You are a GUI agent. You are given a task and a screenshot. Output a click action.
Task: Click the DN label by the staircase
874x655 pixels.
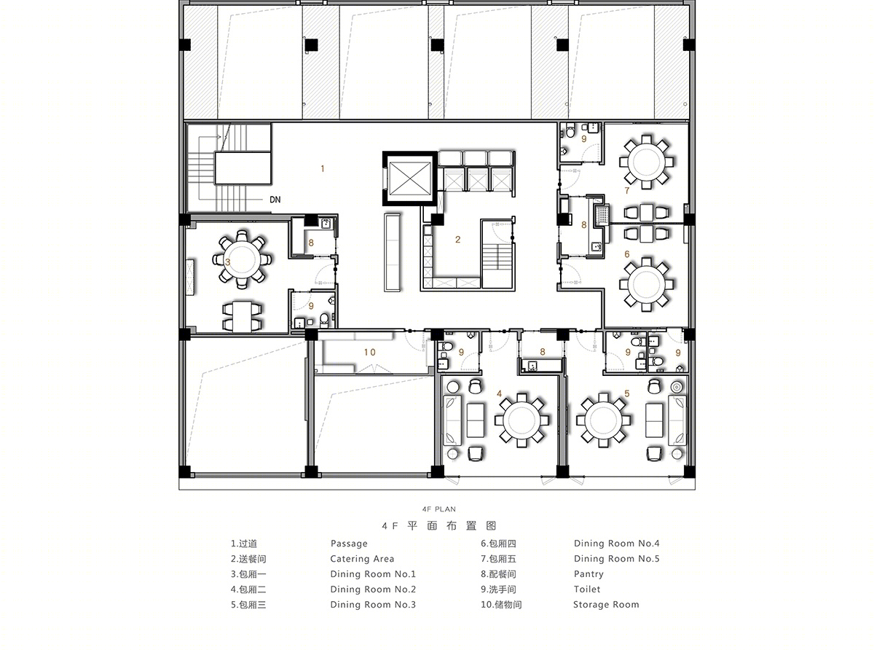tap(275, 200)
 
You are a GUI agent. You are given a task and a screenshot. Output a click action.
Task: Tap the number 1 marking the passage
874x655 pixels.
tap(323, 169)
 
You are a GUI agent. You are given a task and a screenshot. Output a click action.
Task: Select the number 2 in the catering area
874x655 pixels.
tap(458, 239)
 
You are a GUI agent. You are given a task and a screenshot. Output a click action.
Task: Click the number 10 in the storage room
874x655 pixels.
tap(369, 353)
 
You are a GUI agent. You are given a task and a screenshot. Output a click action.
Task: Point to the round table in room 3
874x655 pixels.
tap(242, 259)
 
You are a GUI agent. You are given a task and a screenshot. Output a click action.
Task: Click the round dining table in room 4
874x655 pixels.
tap(521, 420)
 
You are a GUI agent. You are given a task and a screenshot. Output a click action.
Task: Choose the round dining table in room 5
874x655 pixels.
tap(603, 420)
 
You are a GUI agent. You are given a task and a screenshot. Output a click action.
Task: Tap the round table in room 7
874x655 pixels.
tap(647, 162)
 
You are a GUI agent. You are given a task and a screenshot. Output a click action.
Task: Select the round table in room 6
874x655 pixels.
tap(647, 284)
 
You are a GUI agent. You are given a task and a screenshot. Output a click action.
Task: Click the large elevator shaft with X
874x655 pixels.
tap(410, 179)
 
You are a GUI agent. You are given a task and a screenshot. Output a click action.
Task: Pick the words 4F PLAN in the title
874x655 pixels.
tap(438, 509)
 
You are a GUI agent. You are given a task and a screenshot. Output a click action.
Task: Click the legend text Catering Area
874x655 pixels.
tap(362, 559)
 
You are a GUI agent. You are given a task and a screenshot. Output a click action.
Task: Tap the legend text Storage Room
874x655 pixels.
tap(606, 605)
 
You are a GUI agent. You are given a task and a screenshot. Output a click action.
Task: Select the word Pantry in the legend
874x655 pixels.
tap(588, 574)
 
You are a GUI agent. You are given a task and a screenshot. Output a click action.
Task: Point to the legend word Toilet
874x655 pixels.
tap(587, 589)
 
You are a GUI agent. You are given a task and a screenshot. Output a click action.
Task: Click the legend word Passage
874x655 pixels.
tap(349, 544)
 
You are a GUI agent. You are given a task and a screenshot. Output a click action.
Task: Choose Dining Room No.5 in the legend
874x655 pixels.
tap(616, 559)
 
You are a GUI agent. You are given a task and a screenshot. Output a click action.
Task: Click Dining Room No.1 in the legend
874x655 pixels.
tap(373, 574)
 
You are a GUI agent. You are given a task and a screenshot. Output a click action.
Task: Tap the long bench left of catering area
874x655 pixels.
tap(393, 252)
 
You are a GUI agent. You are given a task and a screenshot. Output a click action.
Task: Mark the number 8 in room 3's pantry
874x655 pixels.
tap(311, 243)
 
